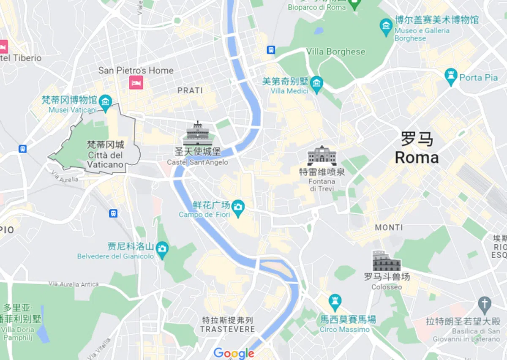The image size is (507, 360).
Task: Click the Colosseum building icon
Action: point(386,261)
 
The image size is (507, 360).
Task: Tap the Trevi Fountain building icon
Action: point(322,156)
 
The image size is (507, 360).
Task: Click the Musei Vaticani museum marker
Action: point(105,101)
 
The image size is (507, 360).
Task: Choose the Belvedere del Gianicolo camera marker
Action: point(161,248)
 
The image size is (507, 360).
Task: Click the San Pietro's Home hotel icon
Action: point(136,82)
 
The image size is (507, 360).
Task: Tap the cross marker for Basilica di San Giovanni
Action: point(485,303)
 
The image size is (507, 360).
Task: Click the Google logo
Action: point(234,353)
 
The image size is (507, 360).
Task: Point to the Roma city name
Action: point(417,157)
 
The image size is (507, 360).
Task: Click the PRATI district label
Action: point(190,90)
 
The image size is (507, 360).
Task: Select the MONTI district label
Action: point(389,227)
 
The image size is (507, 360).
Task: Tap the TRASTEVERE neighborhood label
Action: point(227,329)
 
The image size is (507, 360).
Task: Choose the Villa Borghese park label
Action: point(335,52)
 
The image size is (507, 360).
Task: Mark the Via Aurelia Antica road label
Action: point(74,284)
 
